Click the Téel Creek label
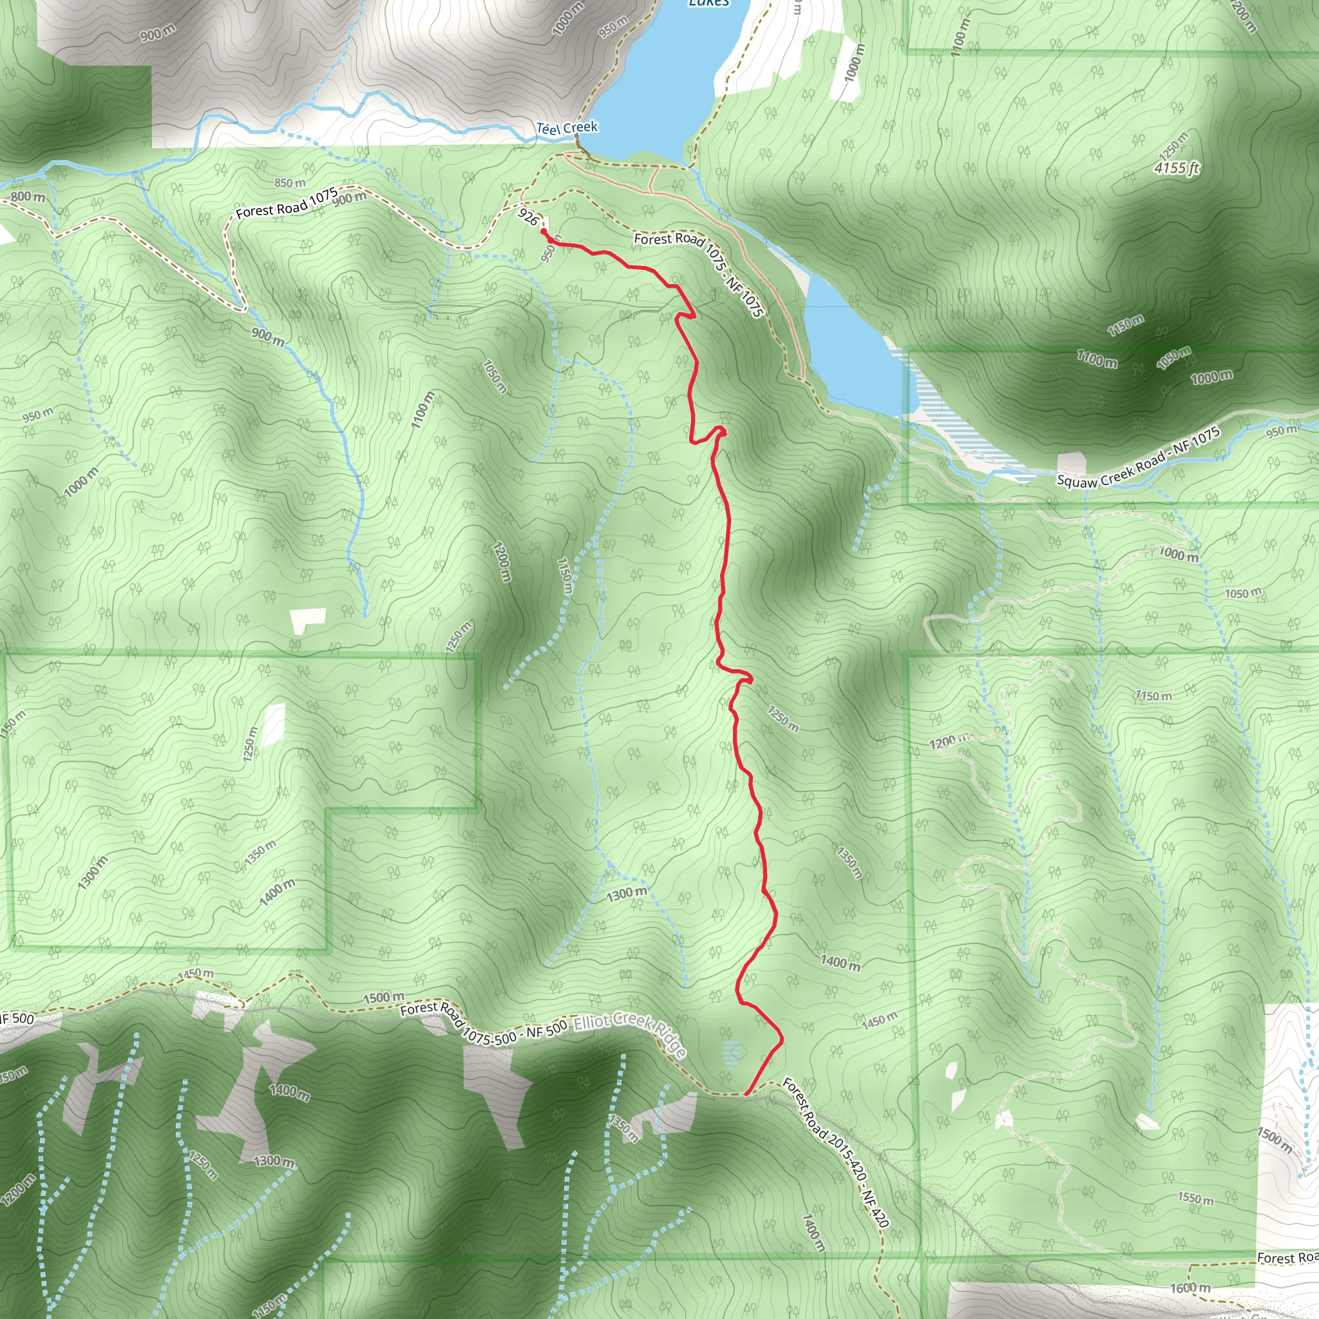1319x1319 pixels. (567, 128)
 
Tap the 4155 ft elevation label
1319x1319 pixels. (1176, 167)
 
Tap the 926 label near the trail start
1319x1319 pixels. (527, 217)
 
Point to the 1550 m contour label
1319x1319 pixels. (1195, 1198)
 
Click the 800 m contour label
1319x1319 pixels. (28, 197)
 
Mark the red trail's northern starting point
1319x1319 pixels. (544, 232)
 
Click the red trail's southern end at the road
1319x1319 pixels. (746, 1093)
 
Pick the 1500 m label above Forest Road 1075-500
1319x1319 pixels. (383, 998)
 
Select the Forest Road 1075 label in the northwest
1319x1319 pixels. (287, 203)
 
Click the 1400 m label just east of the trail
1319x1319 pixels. (840, 963)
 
